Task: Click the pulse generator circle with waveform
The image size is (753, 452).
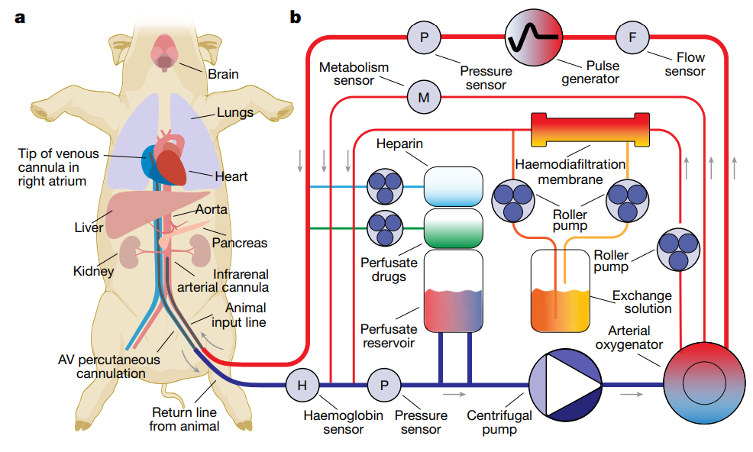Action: pyautogui.click(x=535, y=35)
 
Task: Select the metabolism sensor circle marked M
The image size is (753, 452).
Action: pyautogui.click(x=424, y=97)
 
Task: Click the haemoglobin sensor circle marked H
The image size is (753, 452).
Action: pyautogui.click(x=302, y=385)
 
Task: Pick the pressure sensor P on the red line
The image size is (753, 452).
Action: pyautogui.click(x=423, y=36)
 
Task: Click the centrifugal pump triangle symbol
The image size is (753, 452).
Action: pyautogui.click(x=568, y=386)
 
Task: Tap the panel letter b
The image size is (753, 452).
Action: pyautogui.click(x=295, y=15)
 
